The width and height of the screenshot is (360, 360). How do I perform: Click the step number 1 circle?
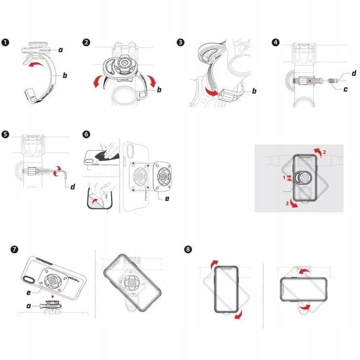tap(5, 42)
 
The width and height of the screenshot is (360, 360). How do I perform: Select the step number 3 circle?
tap(180, 42)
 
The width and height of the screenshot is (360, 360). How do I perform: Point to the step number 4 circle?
tap(276, 42)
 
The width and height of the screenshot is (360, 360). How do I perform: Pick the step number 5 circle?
tap(5, 134)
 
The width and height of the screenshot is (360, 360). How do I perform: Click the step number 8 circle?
tap(187, 248)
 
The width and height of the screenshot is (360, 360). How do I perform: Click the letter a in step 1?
tap(60, 50)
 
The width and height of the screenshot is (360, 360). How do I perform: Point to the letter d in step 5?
tap(72, 187)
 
